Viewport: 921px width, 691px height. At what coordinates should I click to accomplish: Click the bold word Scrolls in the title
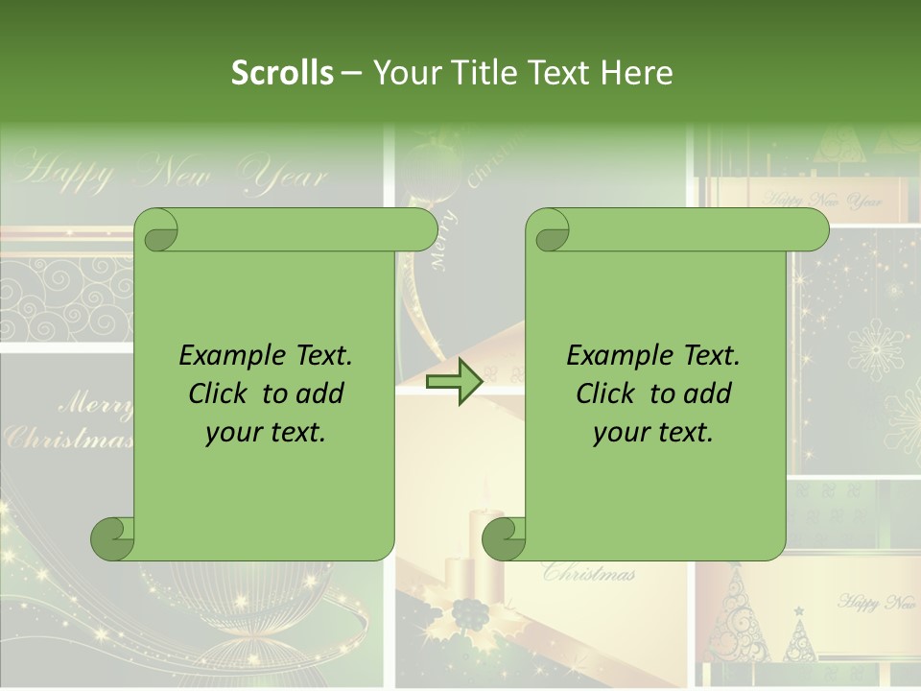(282, 73)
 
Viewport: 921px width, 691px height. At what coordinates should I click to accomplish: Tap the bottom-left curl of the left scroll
(112, 538)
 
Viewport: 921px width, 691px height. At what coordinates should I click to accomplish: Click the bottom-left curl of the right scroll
(504, 538)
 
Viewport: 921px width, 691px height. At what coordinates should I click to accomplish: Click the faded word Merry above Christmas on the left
(96, 404)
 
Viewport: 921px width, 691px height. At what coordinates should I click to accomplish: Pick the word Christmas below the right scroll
(589, 574)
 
